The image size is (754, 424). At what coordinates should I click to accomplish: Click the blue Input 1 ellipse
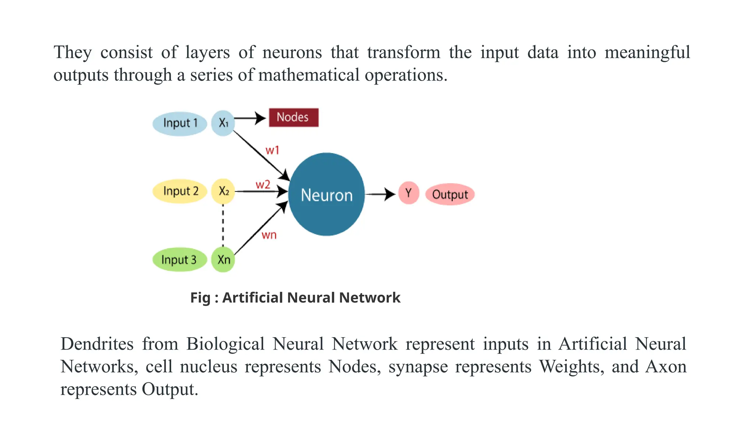180,124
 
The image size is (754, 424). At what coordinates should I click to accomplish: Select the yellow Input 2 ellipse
180,191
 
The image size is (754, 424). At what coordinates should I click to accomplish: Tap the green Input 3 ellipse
179,260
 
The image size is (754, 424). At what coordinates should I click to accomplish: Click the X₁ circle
223,123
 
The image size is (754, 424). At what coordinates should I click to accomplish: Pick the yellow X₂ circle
223,191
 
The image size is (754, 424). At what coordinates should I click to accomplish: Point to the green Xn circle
223,260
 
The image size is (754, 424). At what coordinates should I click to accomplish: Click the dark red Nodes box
293,117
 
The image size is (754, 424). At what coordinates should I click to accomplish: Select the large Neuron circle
326,194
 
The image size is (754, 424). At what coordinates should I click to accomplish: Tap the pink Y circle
409,193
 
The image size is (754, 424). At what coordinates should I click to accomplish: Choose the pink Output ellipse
450,194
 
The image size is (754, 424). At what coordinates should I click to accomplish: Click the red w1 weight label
272,150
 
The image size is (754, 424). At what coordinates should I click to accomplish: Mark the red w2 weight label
263,184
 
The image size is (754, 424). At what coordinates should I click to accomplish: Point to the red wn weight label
269,235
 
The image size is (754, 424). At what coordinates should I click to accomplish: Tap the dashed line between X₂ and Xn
223,225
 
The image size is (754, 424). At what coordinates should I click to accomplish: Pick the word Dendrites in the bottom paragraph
97,344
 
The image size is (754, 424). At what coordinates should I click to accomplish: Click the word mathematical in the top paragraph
309,75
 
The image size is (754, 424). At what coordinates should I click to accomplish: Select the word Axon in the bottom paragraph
666,367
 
